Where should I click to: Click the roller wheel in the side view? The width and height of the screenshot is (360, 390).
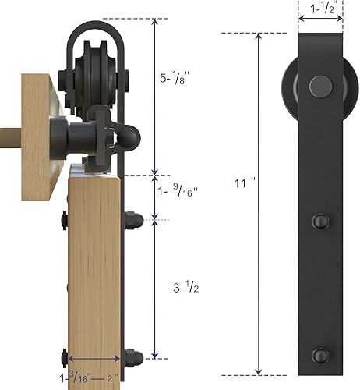97,77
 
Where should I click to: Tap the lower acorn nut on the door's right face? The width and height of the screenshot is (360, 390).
133,358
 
